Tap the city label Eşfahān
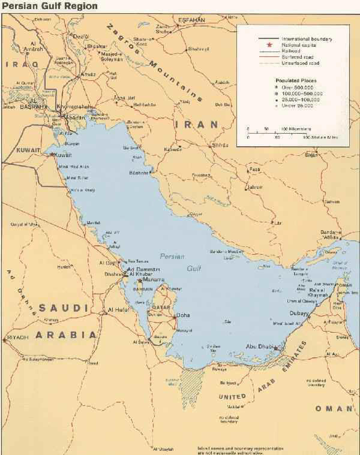pos(191,20)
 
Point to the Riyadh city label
pos(17,339)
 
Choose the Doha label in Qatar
pos(184,315)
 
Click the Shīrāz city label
pos(220,145)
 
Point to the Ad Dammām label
pos(145,269)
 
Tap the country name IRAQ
pos(22,64)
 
